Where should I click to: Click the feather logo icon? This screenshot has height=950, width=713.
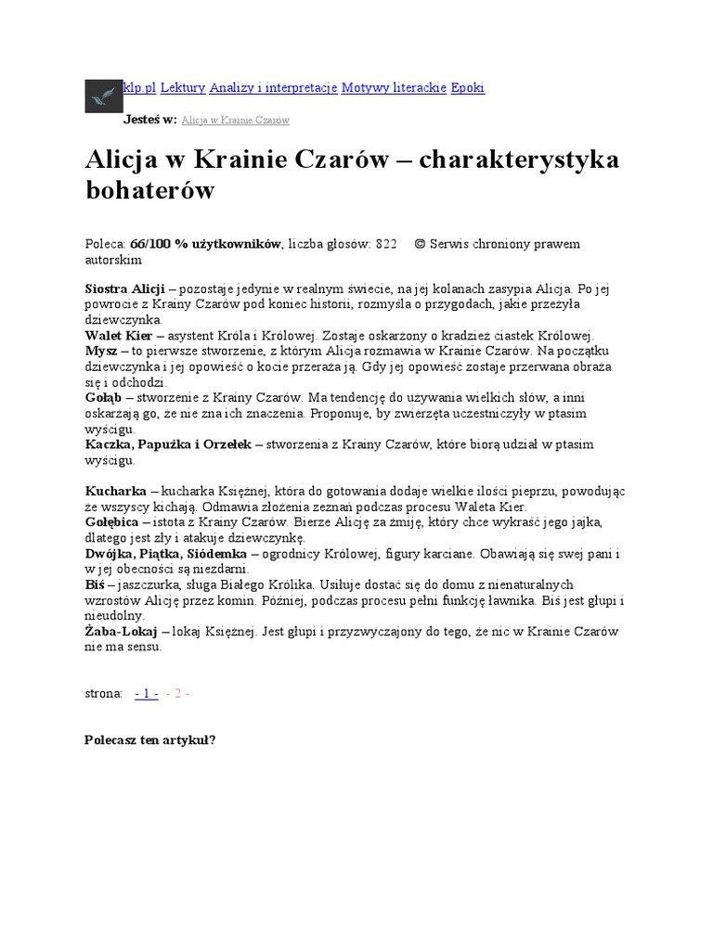pyautogui.click(x=104, y=95)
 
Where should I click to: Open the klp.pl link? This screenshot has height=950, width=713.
pyautogui.click(x=140, y=88)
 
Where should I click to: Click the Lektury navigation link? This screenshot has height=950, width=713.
pyautogui.click(x=183, y=88)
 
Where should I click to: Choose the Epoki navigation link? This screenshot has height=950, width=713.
pyautogui.click(x=467, y=88)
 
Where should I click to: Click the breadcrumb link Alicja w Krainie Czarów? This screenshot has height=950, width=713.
pyautogui.click(x=235, y=121)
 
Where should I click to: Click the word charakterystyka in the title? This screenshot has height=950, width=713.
pyautogui.click(x=519, y=159)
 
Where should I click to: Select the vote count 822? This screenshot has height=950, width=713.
pyautogui.click(x=385, y=244)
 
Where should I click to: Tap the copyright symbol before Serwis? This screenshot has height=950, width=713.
pyautogui.click(x=420, y=244)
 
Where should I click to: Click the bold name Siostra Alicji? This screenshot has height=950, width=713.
pyautogui.click(x=124, y=289)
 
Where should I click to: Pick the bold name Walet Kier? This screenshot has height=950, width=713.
pyautogui.click(x=119, y=336)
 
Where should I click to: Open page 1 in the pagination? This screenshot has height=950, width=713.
pyautogui.click(x=146, y=693)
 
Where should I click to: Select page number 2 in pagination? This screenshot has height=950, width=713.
pyautogui.click(x=177, y=693)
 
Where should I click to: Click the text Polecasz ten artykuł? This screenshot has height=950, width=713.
pyautogui.click(x=149, y=740)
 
